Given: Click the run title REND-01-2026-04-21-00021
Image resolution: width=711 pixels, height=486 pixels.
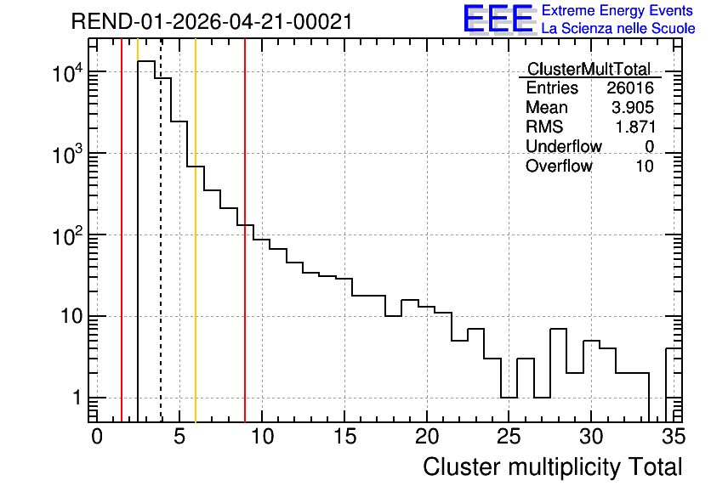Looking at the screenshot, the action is pos(212,21).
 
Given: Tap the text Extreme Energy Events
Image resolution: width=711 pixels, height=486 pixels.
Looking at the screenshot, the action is pos(617,10).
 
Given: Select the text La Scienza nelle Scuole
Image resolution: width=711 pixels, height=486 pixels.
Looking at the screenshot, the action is pos(618,29).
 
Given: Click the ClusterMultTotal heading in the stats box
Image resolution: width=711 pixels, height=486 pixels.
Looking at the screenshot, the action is pos(589,69).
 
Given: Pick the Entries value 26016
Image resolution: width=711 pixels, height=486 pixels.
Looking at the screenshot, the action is pos(630,88).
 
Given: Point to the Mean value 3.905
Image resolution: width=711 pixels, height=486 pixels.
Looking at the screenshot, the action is pos(633,107).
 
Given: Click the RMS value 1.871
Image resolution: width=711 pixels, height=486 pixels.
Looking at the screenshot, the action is pos(634,127).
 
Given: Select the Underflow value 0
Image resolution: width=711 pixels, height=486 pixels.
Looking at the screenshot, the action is pos(649,146).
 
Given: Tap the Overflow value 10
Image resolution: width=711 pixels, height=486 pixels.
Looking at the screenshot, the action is pos(645,166).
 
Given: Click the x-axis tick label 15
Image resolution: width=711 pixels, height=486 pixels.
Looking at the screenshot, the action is pos(344,437).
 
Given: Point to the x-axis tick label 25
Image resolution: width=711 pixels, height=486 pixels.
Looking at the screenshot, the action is pos(509,437).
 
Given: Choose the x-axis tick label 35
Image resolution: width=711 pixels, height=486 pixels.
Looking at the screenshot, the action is pos(674,437).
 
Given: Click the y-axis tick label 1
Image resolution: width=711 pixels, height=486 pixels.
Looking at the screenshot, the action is pos(77,398).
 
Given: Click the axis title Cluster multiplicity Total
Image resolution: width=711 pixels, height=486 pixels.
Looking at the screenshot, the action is pos(553,467).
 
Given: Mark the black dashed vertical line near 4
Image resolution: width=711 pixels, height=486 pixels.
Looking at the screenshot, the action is pos(161,230).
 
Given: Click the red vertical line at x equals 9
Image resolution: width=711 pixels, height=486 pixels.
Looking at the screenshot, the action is pos(245,230).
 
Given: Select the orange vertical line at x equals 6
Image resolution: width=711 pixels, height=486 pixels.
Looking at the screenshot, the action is pos(196,230).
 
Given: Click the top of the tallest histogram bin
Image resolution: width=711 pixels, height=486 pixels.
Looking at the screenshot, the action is pos(146,61).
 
